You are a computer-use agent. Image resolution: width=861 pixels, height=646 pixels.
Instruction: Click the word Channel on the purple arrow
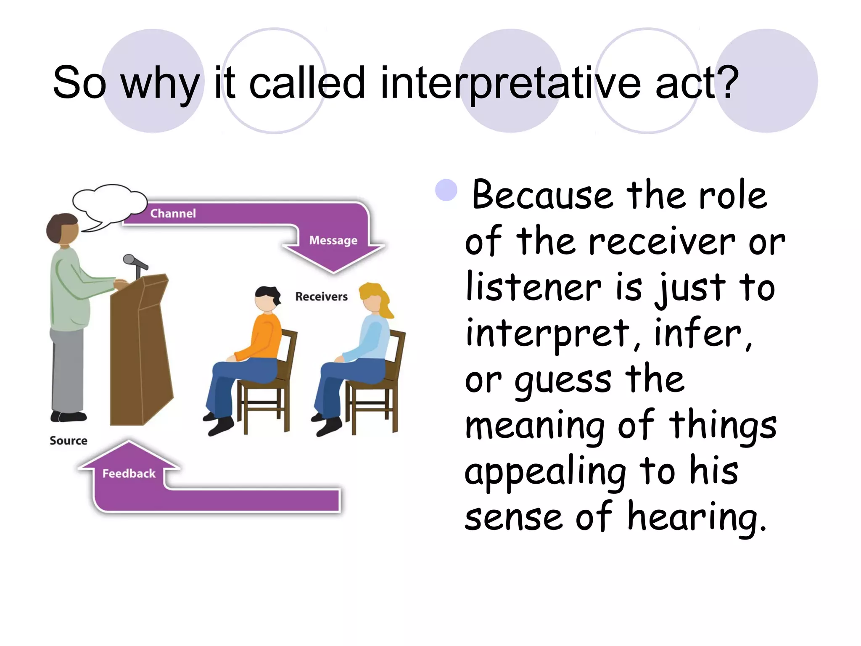[173, 213]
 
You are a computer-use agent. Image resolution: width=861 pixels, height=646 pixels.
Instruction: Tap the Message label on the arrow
[333, 240]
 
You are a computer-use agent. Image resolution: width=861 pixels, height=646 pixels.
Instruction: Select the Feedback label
[129, 474]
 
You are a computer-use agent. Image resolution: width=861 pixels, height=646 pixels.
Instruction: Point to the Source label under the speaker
[69, 441]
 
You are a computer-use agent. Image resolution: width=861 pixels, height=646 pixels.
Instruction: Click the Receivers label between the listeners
[321, 297]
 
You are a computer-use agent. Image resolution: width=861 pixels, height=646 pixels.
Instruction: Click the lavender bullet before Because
[446, 190]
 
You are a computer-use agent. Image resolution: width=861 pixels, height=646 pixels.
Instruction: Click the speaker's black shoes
[68, 416]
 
